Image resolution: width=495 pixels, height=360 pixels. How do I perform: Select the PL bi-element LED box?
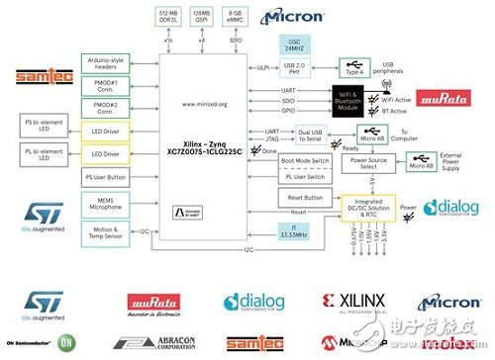pos(46,154)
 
